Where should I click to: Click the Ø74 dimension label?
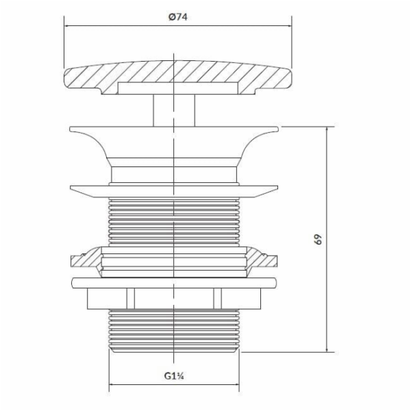[178, 17]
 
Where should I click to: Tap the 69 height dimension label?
[318, 239]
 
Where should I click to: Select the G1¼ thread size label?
[174, 375]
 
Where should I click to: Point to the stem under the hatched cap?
[174, 110]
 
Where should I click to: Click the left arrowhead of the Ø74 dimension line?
[66, 26]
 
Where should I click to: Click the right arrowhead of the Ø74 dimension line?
[289, 26]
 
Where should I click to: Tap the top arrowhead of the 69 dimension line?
[327, 129]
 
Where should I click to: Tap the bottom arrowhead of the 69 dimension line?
[327, 349]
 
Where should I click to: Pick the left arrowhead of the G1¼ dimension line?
[112, 384]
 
